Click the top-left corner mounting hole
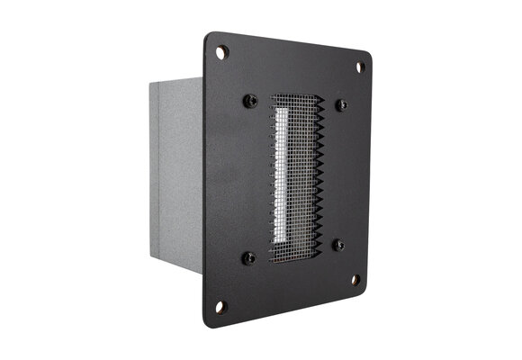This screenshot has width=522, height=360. [x=222, y=51]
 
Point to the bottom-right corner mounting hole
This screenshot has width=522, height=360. [x=355, y=280]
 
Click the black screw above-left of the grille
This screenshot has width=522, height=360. [x=251, y=100]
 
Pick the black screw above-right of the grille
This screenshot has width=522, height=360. [x=341, y=105]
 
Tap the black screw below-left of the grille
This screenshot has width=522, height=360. [x=249, y=258]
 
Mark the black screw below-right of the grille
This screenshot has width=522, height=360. [x=338, y=245]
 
